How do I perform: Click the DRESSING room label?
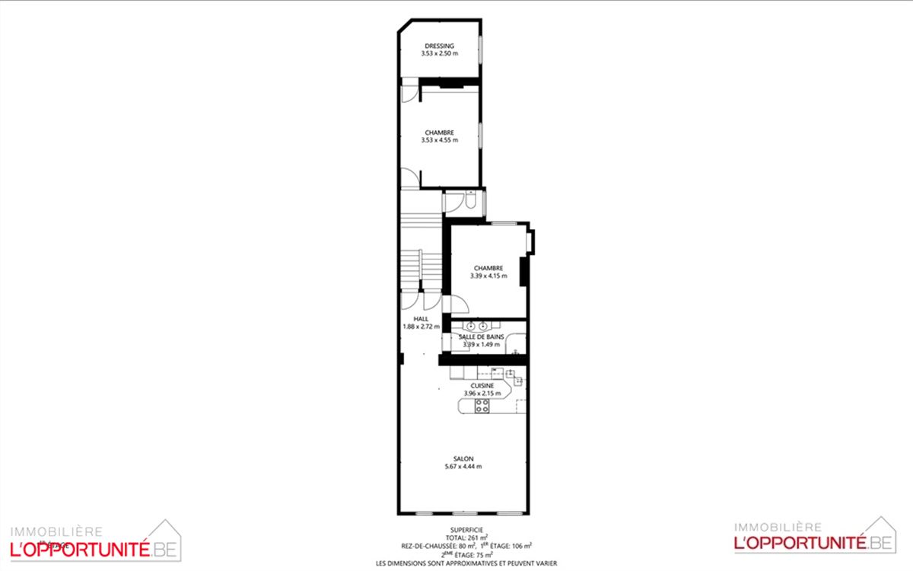[x=440, y=46]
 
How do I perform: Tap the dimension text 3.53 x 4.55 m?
[x=440, y=140]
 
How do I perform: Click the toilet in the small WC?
[x=471, y=199]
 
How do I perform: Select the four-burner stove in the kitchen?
[x=482, y=406]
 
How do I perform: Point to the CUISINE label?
[x=482, y=385]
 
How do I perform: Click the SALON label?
[x=463, y=459]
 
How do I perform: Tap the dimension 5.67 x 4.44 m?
[x=463, y=467]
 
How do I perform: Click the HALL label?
[x=421, y=319]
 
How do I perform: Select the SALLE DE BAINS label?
[x=482, y=337]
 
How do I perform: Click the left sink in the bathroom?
[x=471, y=326]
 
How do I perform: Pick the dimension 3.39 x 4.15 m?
[x=488, y=276]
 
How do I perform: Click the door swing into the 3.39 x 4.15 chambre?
[x=460, y=304]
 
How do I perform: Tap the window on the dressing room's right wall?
[x=480, y=49]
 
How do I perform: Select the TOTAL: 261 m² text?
[x=466, y=538]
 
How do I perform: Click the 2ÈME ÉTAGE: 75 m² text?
[x=466, y=555]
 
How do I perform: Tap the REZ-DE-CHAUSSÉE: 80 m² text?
[x=438, y=546]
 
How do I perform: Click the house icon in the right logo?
[x=880, y=534]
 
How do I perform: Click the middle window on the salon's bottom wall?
[x=464, y=513]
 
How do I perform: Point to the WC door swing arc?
[x=454, y=203]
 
